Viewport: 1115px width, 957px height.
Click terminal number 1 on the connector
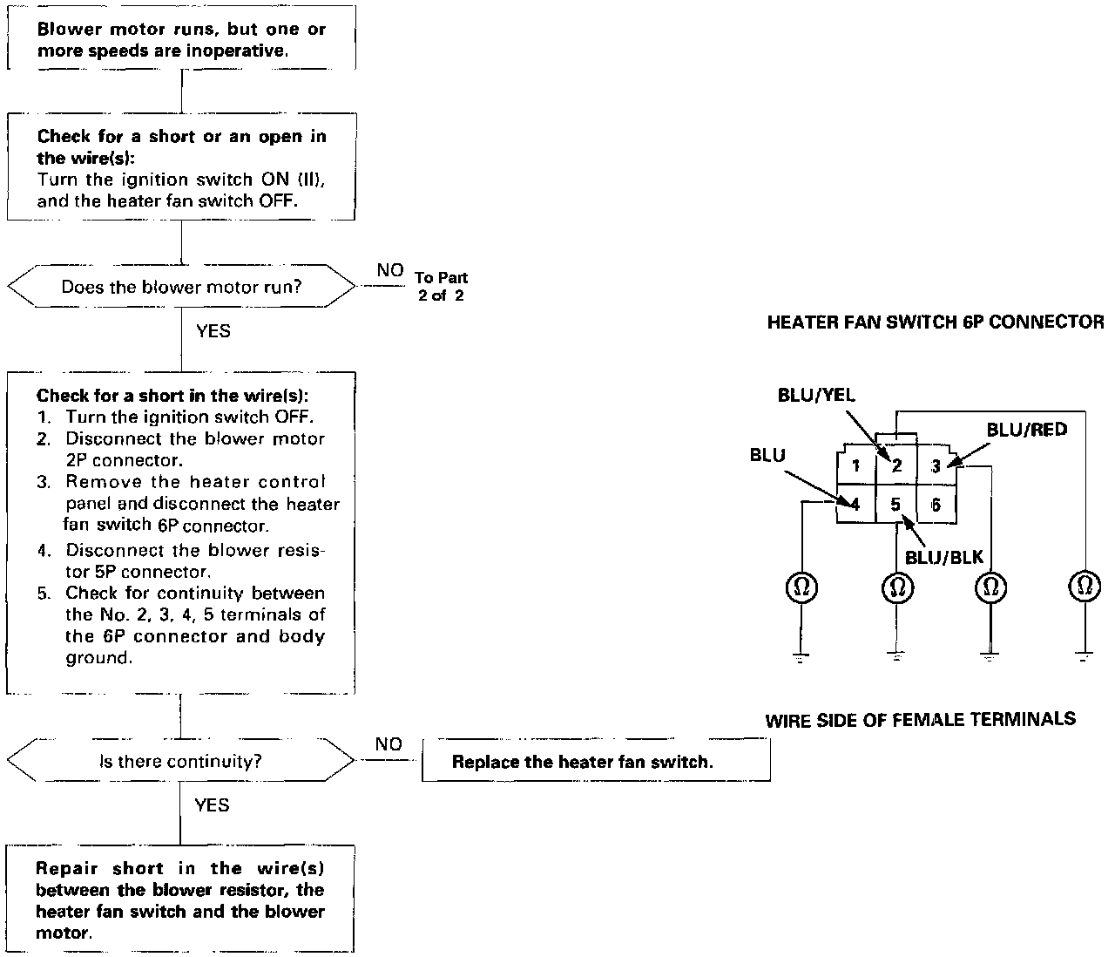855,465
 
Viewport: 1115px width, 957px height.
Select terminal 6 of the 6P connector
936,505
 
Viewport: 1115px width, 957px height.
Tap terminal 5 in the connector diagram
895,504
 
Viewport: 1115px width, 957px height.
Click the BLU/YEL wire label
816,395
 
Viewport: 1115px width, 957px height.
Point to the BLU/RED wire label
1026,430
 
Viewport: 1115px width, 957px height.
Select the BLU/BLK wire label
944,557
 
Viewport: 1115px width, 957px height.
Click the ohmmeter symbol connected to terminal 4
801,587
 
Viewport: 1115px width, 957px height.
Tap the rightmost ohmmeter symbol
1085,586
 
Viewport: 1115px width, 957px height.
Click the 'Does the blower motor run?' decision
181,286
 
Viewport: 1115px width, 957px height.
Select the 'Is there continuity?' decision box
180,761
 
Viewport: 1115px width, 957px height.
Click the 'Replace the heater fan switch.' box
596,761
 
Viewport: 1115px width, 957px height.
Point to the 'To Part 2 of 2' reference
441,286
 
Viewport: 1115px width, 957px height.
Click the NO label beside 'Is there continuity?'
389,744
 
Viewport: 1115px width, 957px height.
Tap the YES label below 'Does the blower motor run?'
213,331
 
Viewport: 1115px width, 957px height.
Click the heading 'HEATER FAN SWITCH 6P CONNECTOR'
936,322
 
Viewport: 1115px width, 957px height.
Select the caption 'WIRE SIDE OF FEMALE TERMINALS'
920,720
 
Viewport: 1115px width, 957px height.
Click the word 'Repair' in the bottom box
66,868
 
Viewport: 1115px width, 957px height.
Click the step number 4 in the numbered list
44,551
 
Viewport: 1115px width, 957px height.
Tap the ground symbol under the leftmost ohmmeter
801,657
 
